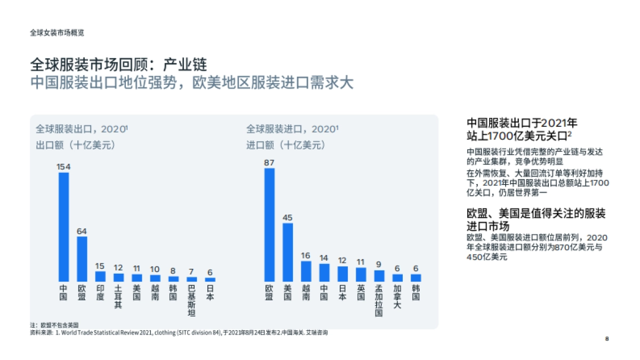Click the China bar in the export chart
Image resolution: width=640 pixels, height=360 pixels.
click(x=63, y=227)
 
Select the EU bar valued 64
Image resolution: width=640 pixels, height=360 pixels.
click(x=82, y=259)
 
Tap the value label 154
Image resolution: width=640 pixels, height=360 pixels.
click(x=63, y=166)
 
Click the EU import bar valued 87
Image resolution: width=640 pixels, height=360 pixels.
click(x=269, y=225)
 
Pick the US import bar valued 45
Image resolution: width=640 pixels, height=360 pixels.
click(x=287, y=252)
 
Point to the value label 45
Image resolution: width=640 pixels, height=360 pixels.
click(x=287, y=217)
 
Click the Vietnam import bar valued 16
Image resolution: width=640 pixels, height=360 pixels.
click(x=306, y=271)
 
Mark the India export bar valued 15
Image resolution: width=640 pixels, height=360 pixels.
click(x=100, y=276)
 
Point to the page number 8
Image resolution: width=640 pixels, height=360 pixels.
click(x=607, y=339)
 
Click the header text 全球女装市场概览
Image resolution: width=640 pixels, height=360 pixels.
click(x=57, y=33)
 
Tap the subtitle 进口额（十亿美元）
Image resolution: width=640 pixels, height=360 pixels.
click(x=285, y=145)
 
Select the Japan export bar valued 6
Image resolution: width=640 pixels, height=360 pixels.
click(x=210, y=279)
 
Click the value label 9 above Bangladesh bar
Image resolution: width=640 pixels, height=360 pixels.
click(x=379, y=264)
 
